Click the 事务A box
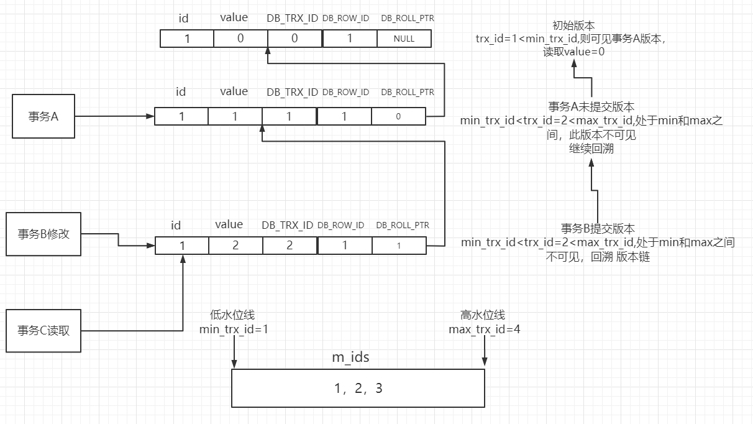click(x=43, y=116)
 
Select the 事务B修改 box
click(x=43, y=234)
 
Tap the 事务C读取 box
click(x=43, y=330)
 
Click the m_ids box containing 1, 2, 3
click(x=358, y=389)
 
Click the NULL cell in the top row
click(x=404, y=39)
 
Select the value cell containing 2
click(x=235, y=246)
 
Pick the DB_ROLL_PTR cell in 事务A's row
click(x=398, y=116)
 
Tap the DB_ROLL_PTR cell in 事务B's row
click(x=399, y=246)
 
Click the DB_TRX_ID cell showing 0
click(x=294, y=39)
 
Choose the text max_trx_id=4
click(x=484, y=329)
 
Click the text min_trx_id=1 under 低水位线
click(x=234, y=329)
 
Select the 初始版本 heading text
click(x=573, y=25)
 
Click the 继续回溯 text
click(x=591, y=149)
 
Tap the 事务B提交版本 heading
click(x=598, y=228)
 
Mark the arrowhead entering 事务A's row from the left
click(x=150, y=116)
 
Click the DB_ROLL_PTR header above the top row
click(x=408, y=19)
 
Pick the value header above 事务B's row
click(x=229, y=224)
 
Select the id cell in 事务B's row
click(x=181, y=246)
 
